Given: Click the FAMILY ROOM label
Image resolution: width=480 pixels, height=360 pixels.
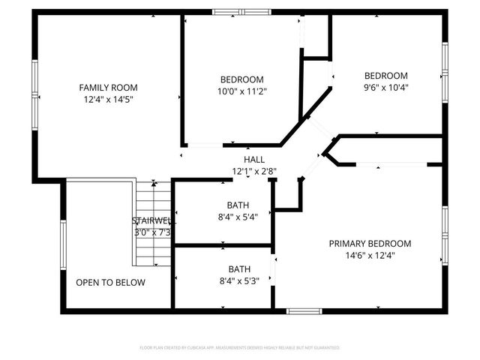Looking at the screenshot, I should point(108,88).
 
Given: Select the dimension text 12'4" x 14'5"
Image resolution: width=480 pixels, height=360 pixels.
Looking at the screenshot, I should point(108,99).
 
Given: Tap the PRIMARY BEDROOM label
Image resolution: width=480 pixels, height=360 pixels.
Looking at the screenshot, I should point(370,243).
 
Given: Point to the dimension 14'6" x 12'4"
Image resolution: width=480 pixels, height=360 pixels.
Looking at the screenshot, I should point(370,255).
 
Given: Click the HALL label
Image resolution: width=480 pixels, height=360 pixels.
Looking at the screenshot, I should point(254,160).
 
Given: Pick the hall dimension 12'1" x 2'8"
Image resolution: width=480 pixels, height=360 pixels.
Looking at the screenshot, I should point(254,171).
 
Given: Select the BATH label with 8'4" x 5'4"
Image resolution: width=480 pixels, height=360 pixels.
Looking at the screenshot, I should point(239,205).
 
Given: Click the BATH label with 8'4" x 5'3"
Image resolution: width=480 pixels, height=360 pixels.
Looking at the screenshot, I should point(239,268).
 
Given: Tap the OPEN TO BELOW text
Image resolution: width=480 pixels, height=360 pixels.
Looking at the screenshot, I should point(110,283).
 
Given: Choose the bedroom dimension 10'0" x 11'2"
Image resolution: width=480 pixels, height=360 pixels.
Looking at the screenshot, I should point(241,91).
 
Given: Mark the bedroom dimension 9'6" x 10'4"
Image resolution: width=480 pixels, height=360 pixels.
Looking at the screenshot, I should point(385,87).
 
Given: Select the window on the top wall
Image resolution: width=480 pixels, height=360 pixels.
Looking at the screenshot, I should point(241,12).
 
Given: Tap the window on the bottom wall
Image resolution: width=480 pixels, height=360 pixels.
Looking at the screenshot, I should point(304,310).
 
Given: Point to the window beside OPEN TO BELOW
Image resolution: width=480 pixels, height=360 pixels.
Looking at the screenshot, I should point(63,244).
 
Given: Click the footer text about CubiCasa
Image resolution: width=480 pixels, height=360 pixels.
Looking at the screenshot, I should point(240,348).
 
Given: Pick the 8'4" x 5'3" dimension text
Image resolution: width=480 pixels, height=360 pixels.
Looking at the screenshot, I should point(239,280).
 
